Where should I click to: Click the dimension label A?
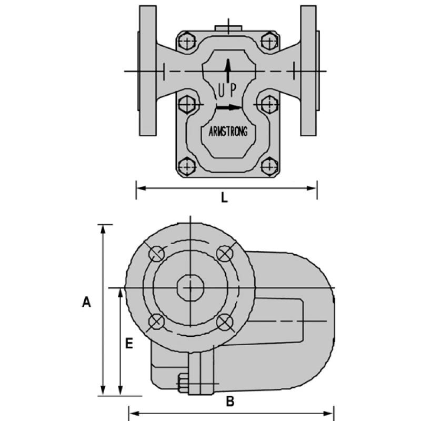point(87,302)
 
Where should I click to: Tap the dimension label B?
point(230,402)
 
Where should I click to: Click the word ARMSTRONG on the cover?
point(228,132)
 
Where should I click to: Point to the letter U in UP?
point(220,91)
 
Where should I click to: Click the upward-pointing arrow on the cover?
point(227,70)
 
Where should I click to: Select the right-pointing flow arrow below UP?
point(228,107)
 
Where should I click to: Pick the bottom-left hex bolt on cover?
point(186,167)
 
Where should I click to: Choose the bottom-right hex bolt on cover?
point(269,167)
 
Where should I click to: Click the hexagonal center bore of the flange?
point(190,287)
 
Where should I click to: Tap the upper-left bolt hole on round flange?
point(156,254)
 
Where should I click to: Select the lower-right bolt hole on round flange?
point(224,322)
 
